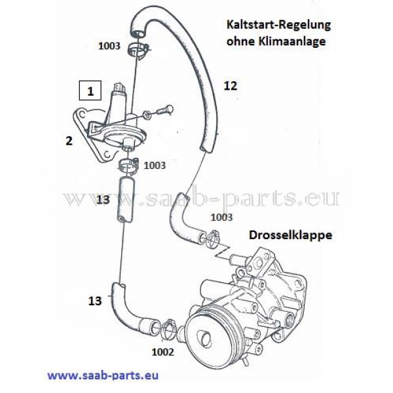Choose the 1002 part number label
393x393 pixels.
click(162, 351)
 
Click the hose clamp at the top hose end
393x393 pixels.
click(138, 47)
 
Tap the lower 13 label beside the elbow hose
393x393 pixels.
click(95, 301)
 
